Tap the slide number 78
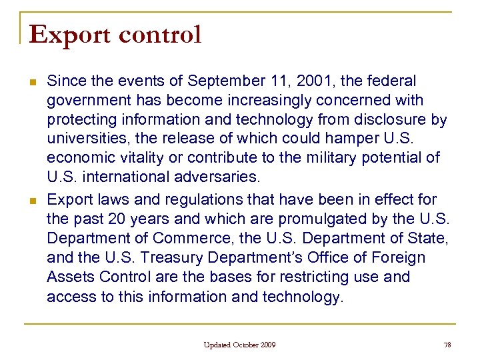(447, 345)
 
